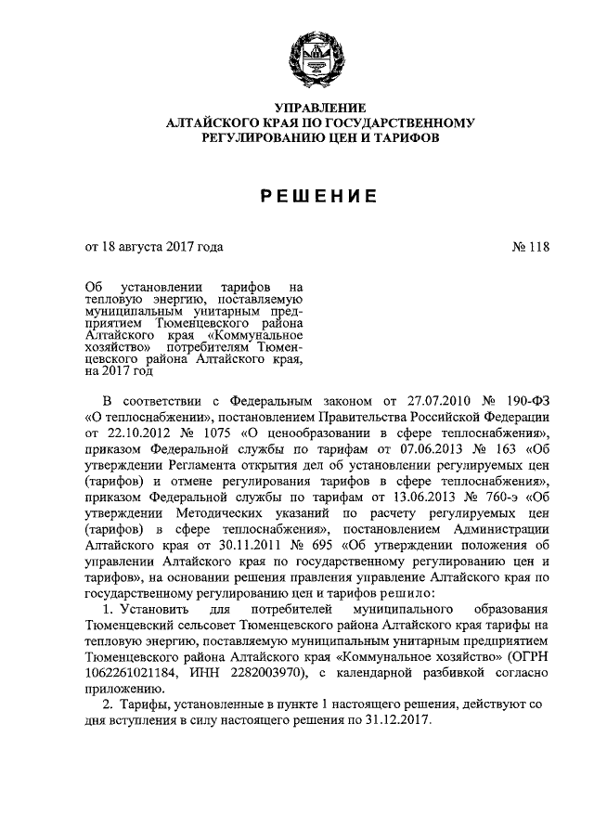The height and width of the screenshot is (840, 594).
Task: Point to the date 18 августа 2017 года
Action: tap(154, 247)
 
